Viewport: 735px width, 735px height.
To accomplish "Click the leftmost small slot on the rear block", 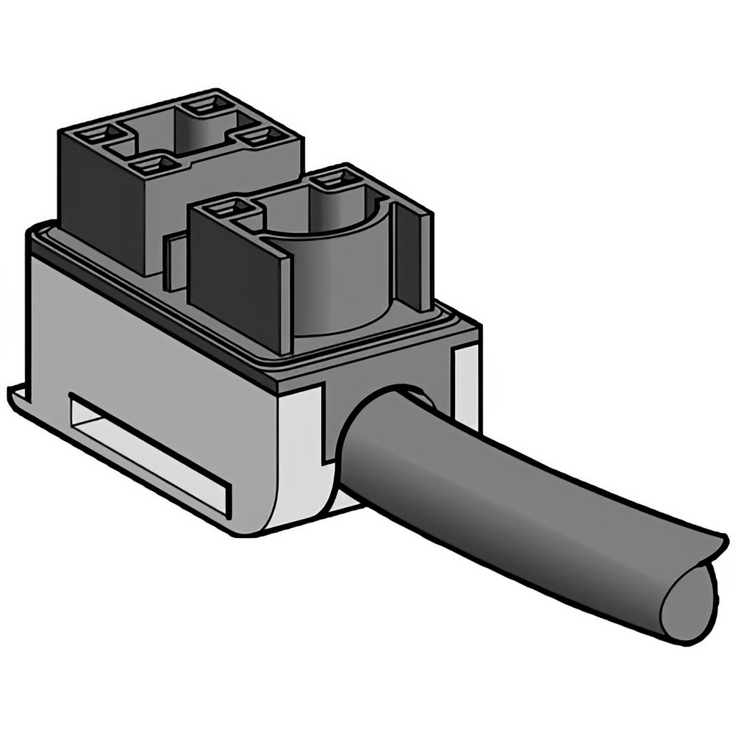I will click(96, 135).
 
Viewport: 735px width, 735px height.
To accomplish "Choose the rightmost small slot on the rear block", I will click(265, 136).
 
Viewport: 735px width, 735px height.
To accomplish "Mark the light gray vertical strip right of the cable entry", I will click(466, 386).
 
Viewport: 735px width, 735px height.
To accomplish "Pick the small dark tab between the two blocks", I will click(173, 261).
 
